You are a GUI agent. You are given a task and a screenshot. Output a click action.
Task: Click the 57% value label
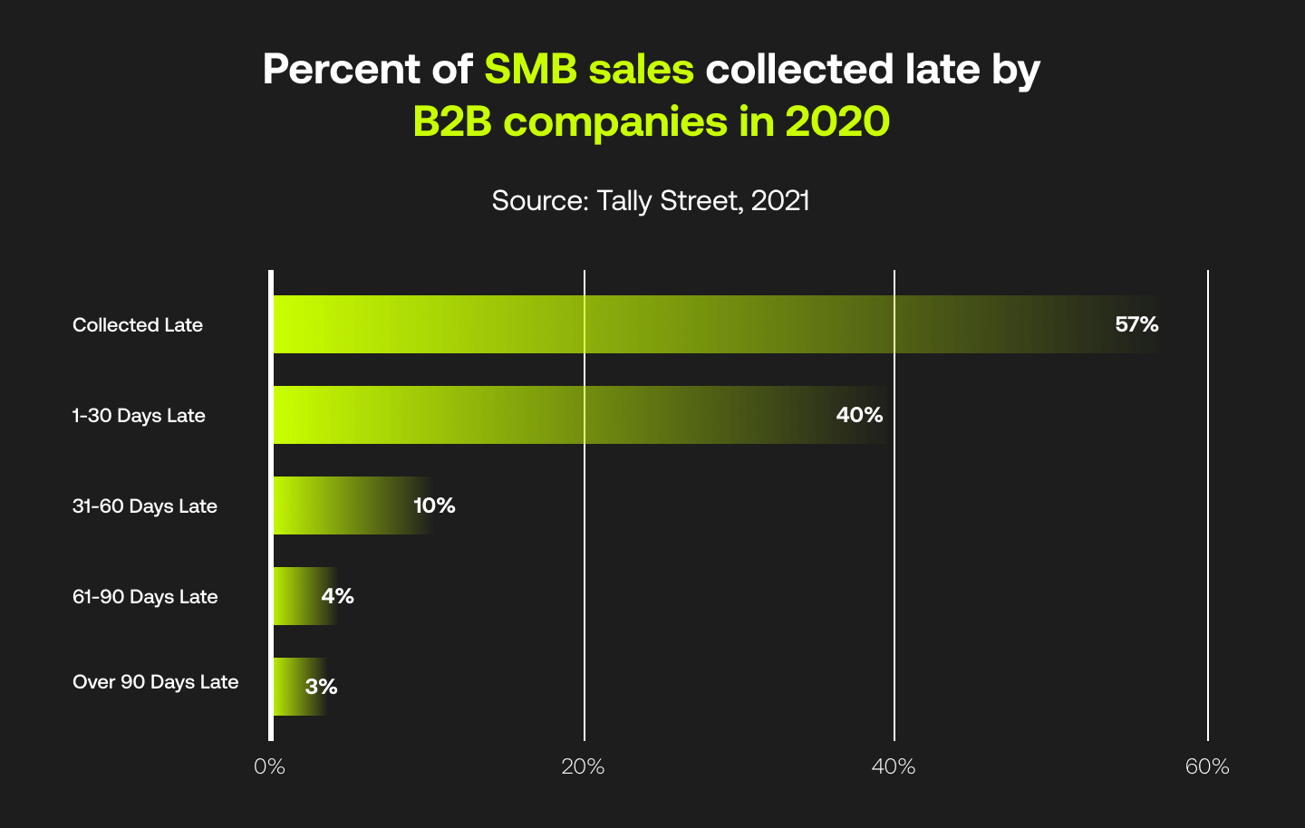(x=1136, y=324)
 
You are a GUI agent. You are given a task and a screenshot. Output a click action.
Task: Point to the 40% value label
(x=859, y=415)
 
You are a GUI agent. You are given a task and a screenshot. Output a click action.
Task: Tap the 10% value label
(x=434, y=505)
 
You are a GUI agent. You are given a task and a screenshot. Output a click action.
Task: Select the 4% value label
(x=337, y=596)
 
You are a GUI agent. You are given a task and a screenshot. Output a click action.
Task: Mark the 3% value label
(x=321, y=687)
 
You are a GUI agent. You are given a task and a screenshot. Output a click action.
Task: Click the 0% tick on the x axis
(x=269, y=767)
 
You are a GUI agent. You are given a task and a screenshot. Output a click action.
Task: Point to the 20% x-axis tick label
(x=583, y=767)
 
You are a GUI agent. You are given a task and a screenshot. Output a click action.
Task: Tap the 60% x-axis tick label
(x=1207, y=767)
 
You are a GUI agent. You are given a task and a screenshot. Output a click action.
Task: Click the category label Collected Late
(x=138, y=325)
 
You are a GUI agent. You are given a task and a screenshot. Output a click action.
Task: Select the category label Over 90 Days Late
(x=155, y=682)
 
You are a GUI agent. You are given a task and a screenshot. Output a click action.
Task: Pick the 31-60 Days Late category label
(x=145, y=506)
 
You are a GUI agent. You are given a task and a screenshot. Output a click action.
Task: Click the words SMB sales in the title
(x=589, y=70)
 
